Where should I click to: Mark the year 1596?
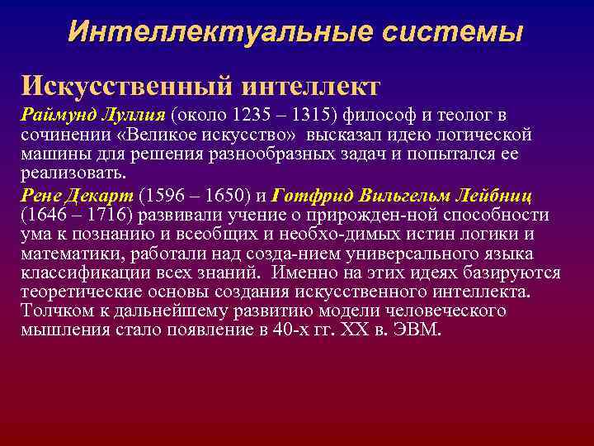pos(166,195)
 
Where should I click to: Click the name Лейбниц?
pos(492,195)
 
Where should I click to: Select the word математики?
pos(70,254)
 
